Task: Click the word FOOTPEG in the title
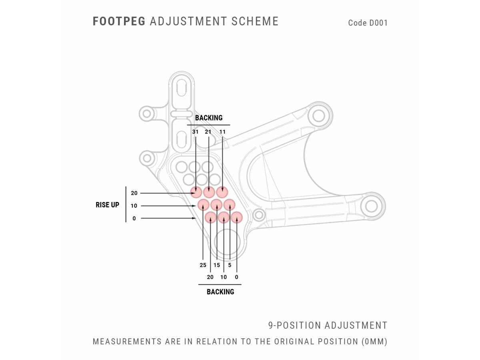tap(119, 21)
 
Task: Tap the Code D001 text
tap(368, 23)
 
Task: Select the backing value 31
tap(195, 132)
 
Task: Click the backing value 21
tap(208, 132)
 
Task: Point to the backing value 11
tap(222, 132)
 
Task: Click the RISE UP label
tap(107, 205)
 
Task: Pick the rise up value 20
tap(134, 193)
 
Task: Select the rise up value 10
tap(134, 206)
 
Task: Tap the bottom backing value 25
tap(203, 265)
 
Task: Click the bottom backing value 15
tap(217, 265)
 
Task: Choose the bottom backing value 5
tap(230, 265)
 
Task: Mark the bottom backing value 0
tap(237, 277)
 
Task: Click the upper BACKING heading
tap(208, 118)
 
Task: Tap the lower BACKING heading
tap(220, 292)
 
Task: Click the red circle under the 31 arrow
tap(196, 192)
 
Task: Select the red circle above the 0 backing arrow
tap(237, 217)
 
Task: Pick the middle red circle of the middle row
tap(216, 205)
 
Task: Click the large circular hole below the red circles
tap(227, 242)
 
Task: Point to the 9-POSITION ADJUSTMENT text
tap(328, 325)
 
